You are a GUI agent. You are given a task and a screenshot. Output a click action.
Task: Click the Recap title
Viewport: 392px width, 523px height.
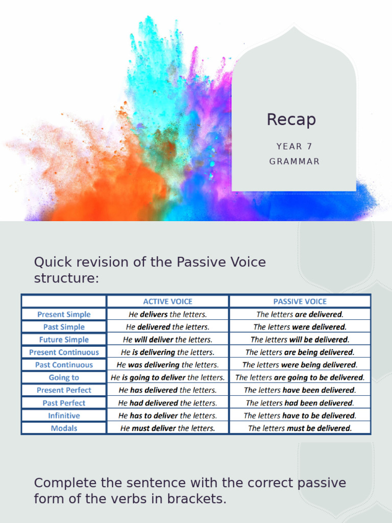click(291, 120)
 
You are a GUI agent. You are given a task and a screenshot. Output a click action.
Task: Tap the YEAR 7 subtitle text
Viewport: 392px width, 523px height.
click(294, 147)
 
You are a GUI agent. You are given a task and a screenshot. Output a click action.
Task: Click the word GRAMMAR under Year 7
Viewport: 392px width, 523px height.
click(295, 161)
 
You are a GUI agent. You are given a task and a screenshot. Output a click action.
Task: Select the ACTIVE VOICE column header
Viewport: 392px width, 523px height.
click(167, 301)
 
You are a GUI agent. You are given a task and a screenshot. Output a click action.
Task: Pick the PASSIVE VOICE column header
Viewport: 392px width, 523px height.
click(300, 301)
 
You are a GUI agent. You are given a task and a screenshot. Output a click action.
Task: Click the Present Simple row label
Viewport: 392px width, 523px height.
click(64, 315)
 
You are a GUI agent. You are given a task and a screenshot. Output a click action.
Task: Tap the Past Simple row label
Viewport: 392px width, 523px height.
click(64, 327)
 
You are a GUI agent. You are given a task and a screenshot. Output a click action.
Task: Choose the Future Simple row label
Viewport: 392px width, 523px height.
click(64, 340)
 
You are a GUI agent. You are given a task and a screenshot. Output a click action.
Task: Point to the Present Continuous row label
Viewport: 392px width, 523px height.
click(64, 352)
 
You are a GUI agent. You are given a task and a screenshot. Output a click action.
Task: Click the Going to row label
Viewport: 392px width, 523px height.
click(64, 377)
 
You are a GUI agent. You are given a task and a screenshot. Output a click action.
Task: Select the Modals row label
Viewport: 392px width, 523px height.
click(64, 428)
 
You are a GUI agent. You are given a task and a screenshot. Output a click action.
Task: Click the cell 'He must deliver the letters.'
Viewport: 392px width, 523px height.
click(167, 428)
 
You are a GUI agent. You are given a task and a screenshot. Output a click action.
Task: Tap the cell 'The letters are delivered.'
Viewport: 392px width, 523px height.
click(300, 315)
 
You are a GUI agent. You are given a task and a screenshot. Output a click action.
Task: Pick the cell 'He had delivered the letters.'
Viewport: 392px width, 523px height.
click(167, 403)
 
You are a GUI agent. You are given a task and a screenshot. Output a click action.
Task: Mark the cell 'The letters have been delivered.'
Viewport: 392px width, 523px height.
click(300, 390)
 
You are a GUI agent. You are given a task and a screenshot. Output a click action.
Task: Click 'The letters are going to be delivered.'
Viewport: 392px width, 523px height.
click(300, 377)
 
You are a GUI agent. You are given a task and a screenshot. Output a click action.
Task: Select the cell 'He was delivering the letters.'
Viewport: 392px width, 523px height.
click(167, 365)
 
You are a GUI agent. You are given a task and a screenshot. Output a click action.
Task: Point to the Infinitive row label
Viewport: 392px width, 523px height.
click(64, 416)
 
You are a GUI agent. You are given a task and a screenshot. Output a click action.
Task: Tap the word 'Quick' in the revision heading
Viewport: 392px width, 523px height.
click(51, 263)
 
